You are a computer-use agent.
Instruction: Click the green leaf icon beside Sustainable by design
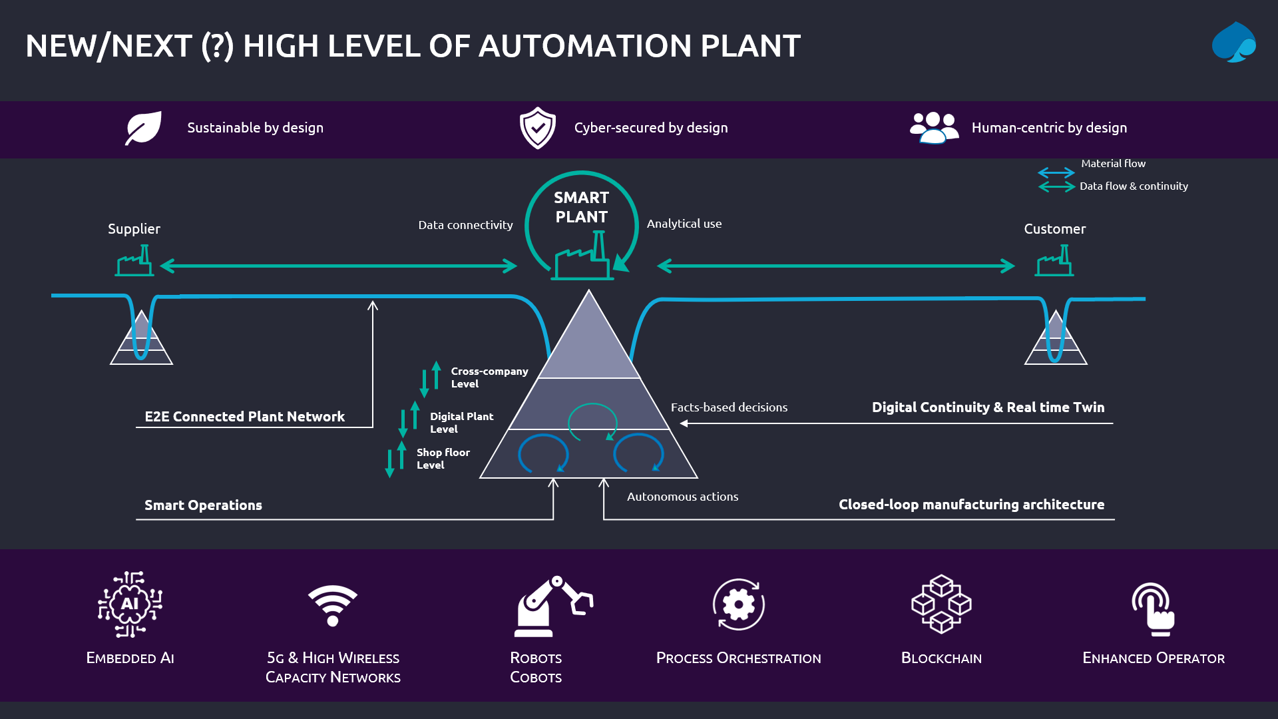pyautogui.click(x=144, y=128)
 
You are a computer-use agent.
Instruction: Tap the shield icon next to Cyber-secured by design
pyautogui.click(x=538, y=128)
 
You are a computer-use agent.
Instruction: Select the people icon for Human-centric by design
pyautogui.click(x=934, y=128)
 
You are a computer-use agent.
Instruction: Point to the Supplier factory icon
pyautogui.click(x=134, y=261)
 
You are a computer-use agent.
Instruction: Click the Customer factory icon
pyautogui.click(x=1054, y=261)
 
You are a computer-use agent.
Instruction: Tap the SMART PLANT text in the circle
pyautogui.click(x=581, y=207)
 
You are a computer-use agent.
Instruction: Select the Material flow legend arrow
pyautogui.click(x=1056, y=172)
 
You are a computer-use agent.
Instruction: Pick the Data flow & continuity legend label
pyautogui.click(x=1134, y=186)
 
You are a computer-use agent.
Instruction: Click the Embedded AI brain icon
pyautogui.click(x=130, y=604)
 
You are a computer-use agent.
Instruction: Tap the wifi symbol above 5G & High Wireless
pyautogui.click(x=333, y=604)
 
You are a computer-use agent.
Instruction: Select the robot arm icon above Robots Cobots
pyautogui.click(x=552, y=606)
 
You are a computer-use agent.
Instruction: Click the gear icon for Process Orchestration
pyautogui.click(x=739, y=604)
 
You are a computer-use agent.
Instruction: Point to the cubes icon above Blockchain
pyautogui.click(x=941, y=604)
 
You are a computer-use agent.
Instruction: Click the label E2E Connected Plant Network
pyautogui.click(x=244, y=417)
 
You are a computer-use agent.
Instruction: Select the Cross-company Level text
pyautogui.click(x=489, y=377)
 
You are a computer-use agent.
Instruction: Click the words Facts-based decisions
pyautogui.click(x=729, y=407)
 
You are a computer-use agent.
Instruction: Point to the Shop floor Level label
pyautogui.click(x=443, y=459)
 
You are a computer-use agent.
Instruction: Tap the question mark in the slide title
pyautogui.click(x=217, y=47)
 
